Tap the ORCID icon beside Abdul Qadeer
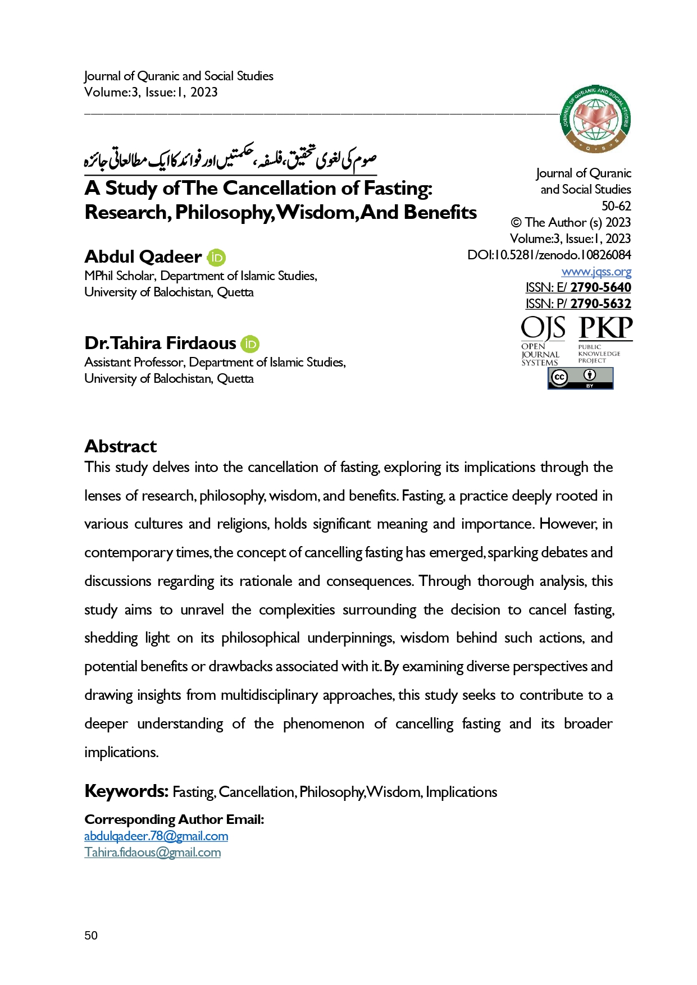[216, 258]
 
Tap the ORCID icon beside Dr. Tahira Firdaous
[250, 344]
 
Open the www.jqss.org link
[596, 272]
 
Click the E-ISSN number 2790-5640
[600, 287]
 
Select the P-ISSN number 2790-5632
[600, 304]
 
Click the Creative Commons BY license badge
[580, 378]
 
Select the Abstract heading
[121, 446]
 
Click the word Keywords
[126, 791]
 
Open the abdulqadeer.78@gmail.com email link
[156, 836]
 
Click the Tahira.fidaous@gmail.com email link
[152, 852]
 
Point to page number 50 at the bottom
[91, 935]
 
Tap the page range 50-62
[616, 206]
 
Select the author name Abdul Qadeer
[143, 257]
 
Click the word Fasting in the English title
[397, 188]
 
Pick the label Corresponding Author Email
[174, 819]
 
